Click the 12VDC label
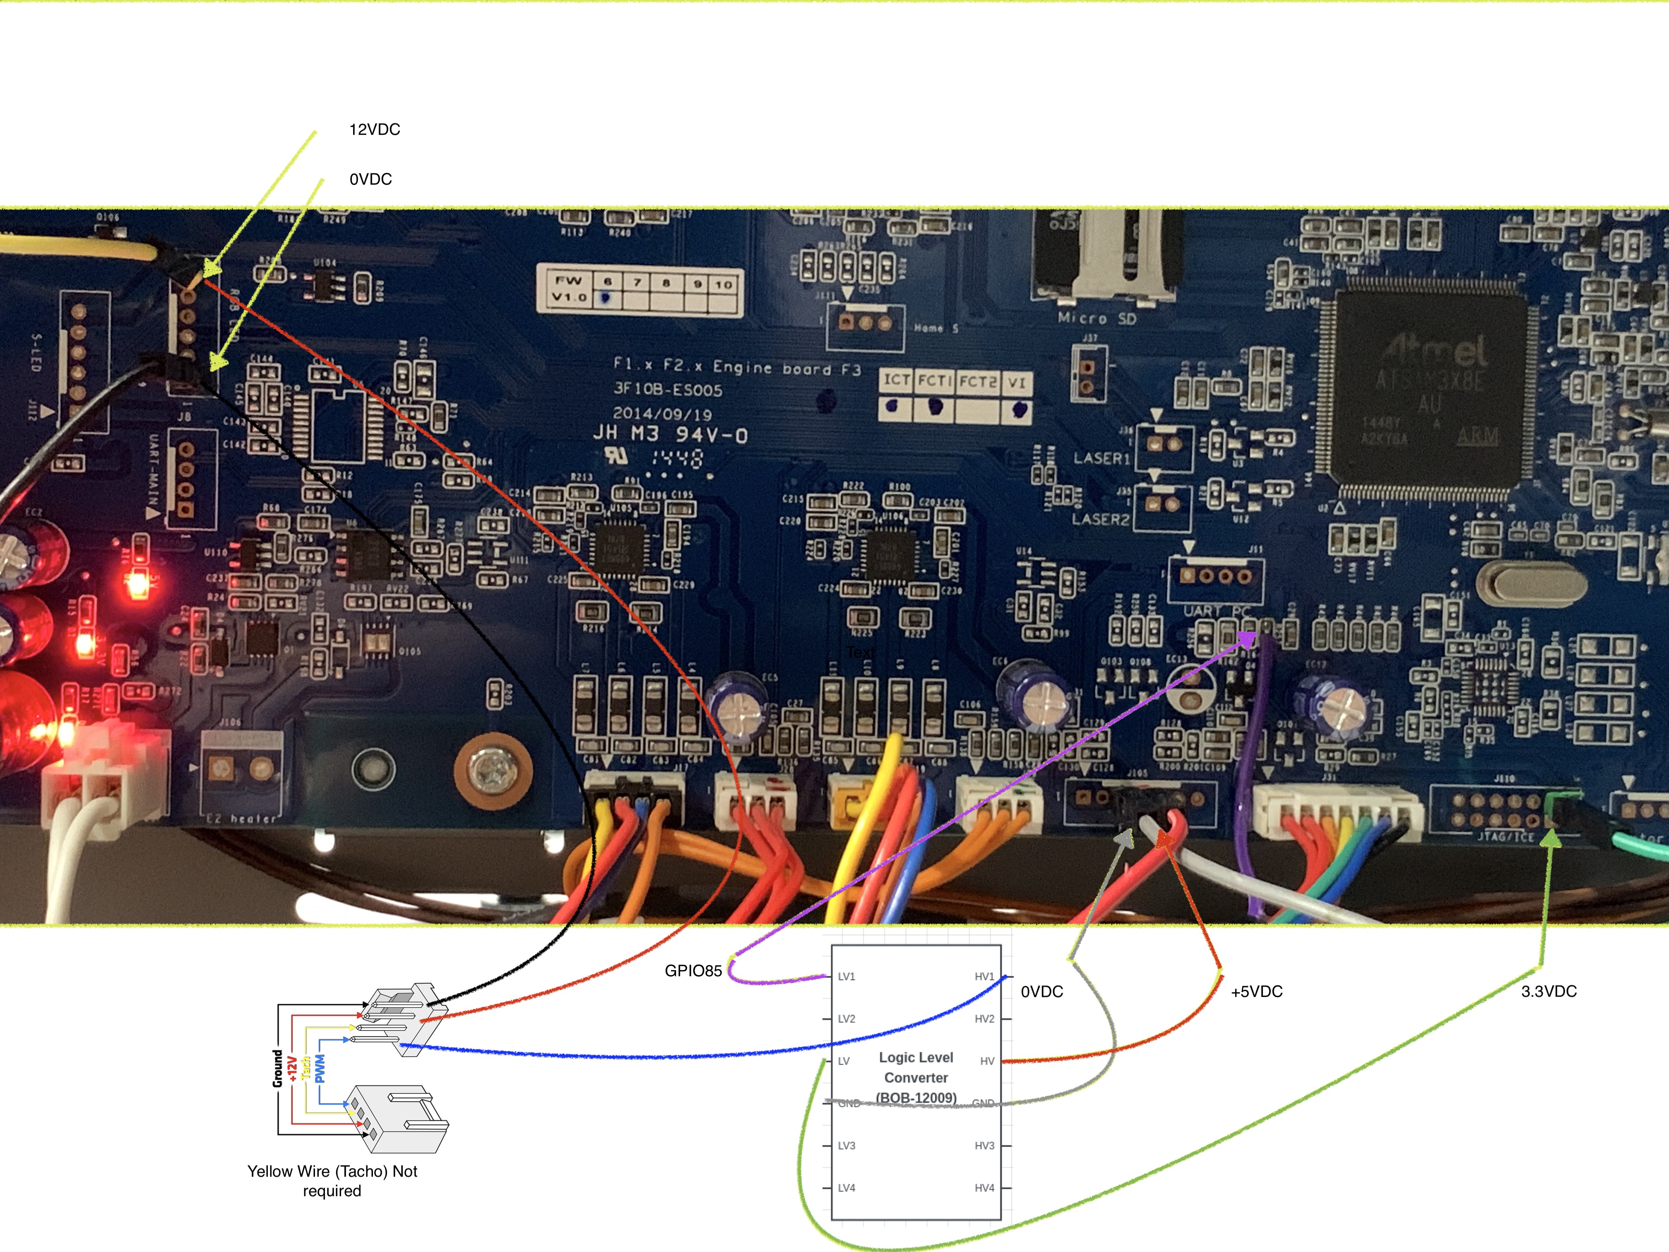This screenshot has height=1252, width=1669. click(374, 130)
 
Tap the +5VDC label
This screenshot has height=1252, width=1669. click(1256, 992)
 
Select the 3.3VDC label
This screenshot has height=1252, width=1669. click(1548, 992)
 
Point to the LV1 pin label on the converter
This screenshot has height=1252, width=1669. click(847, 977)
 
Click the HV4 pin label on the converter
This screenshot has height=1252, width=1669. click(984, 1188)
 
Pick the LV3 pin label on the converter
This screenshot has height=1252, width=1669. click(847, 1146)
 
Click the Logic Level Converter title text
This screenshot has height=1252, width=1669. click(916, 1068)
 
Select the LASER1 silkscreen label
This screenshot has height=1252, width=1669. click(1101, 458)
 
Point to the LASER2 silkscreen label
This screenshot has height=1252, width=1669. click(1100, 519)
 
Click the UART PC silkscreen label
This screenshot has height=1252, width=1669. click(1216, 611)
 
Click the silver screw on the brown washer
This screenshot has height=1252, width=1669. click(492, 771)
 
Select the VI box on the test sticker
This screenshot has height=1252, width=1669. click(1016, 383)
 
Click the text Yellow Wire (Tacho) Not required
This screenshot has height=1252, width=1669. click(332, 1181)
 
